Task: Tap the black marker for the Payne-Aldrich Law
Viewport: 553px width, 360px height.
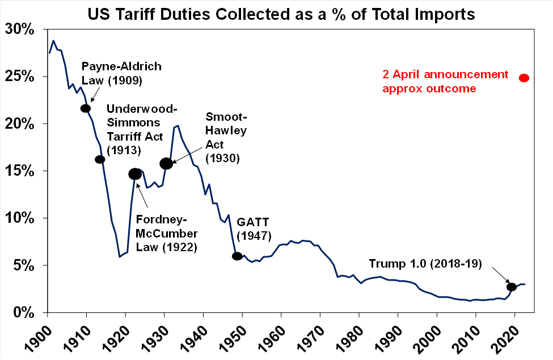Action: click(86, 108)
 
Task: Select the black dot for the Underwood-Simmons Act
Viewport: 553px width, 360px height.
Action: click(100, 159)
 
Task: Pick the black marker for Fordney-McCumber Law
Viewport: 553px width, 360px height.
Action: click(135, 174)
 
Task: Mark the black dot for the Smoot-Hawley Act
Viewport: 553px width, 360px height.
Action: click(166, 163)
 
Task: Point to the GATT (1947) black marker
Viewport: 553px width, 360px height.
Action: click(237, 256)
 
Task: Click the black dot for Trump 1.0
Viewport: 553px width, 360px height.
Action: click(511, 287)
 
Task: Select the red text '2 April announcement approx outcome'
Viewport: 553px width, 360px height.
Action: click(445, 81)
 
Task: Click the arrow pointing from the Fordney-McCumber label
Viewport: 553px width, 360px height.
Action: click(143, 193)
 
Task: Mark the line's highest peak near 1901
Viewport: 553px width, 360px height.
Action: click(53, 41)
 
